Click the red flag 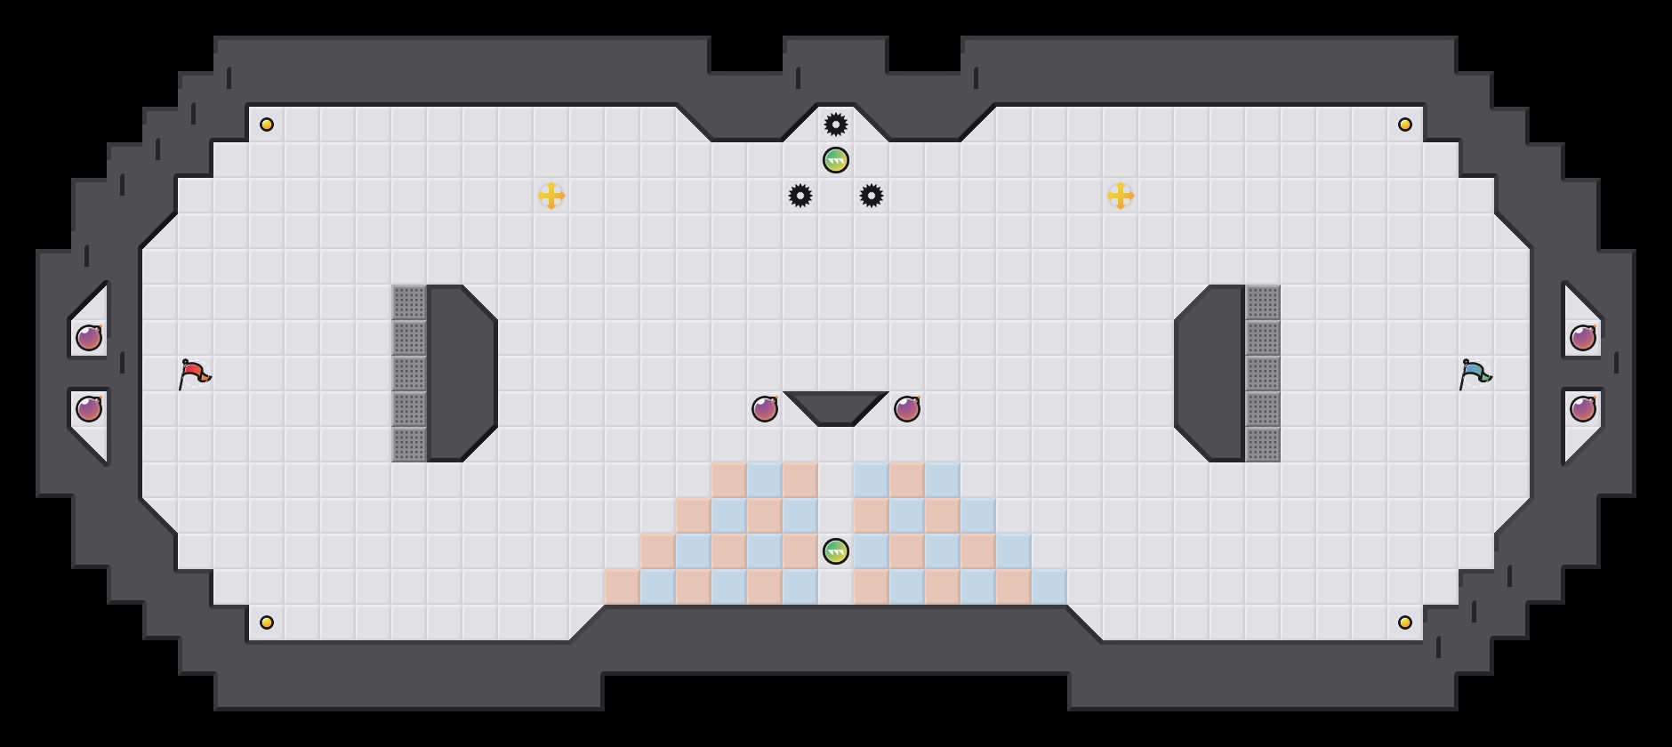tap(194, 373)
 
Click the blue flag tap(1475, 373)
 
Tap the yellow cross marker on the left tap(551, 196)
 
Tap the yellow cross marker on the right tap(1121, 196)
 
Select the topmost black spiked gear tap(836, 124)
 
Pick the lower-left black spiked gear tap(800, 196)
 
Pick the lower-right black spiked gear tap(872, 196)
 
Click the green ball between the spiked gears tap(836, 160)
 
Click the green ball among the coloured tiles tap(836, 551)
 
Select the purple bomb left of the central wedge tap(765, 409)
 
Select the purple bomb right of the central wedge tap(907, 409)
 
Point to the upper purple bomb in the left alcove tap(89, 338)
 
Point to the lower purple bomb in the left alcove tap(89, 409)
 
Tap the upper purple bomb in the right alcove tap(1583, 338)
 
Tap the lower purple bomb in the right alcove tap(1583, 409)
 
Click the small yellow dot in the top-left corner tap(267, 124)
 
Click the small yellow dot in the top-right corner tap(1405, 124)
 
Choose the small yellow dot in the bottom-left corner tap(267, 622)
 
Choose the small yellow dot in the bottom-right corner tap(1405, 622)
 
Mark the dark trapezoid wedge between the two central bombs tap(836, 406)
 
